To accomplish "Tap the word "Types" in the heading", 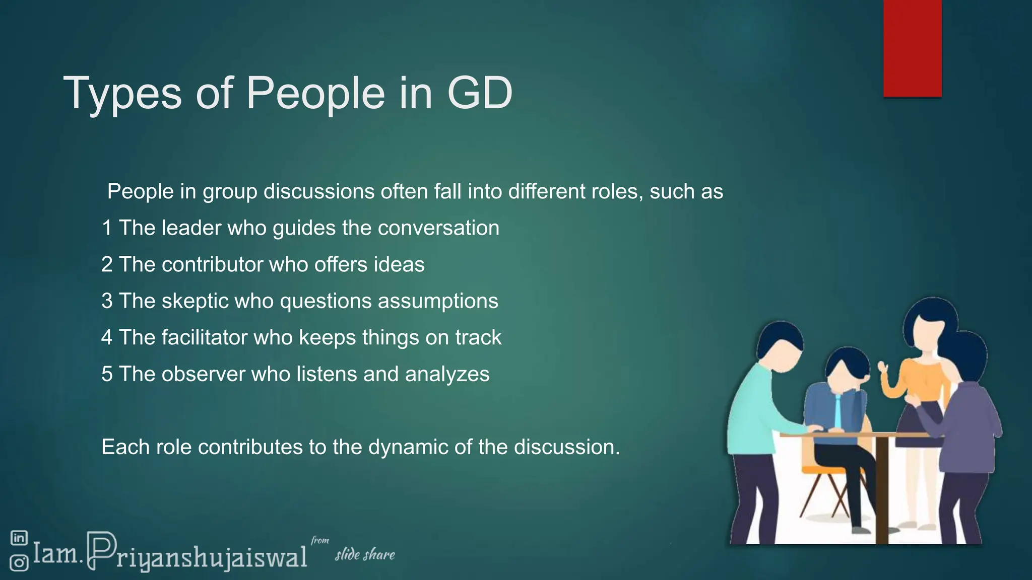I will pyautogui.click(x=122, y=94).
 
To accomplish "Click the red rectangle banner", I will pyautogui.click(x=912, y=48).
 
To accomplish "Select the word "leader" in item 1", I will pyautogui.click(x=191, y=228).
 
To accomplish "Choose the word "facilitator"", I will pyautogui.click(x=204, y=337).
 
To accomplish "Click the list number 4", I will pyautogui.click(x=106, y=337).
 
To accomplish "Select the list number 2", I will pyautogui.click(x=106, y=265).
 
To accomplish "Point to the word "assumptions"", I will pyautogui.click(x=438, y=302).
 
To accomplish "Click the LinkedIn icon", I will pyautogui.click(x=19, y=538).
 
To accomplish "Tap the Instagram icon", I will pyautogui.click(x=19, y=562).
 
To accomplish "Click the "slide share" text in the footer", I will pyautogui.click(x=365, y=555).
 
